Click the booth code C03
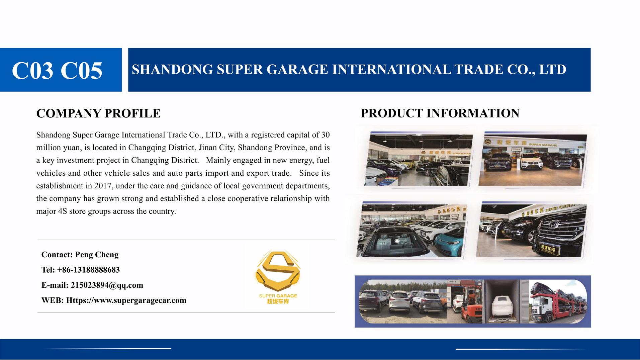(x=33, y=71)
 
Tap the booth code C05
(x=81, y=71)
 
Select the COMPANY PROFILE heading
(x=98, y=113)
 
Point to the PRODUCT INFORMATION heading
(x=440, y=113)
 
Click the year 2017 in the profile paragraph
(x=103, y=186)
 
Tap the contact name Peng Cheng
(x=97, y=255)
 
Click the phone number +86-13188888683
(x=88, y=270)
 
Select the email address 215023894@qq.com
(x=107, y=285)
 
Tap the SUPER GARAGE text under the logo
(x=278, y=296)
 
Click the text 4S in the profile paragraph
(x=62, y=211)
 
